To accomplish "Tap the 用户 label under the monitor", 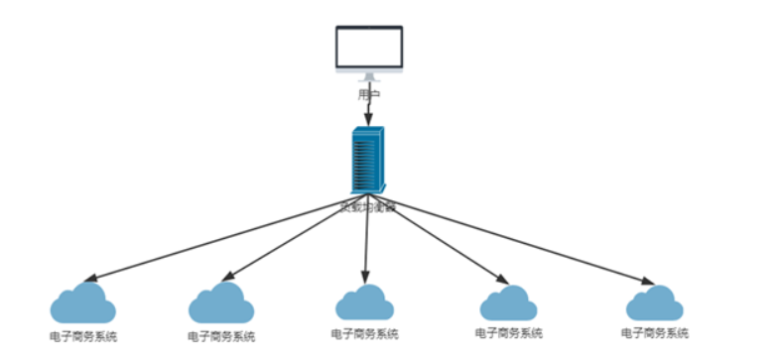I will pos(368,95).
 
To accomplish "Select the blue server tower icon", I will pos(367,160).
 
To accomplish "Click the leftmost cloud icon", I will pos(83,303).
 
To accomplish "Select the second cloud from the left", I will pos(220,303).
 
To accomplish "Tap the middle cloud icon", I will pos(364,301).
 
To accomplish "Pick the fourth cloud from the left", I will pos(508,302).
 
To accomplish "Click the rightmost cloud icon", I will pos(654,302).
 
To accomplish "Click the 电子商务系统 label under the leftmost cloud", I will pos(83,336).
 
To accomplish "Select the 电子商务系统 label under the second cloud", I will pos(220,336).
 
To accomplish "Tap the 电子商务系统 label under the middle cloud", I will pos(365,333).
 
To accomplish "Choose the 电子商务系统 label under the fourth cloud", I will pos(509,333).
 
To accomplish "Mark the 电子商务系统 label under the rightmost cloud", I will pos(655,333).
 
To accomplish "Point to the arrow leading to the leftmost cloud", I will pos(218,240).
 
